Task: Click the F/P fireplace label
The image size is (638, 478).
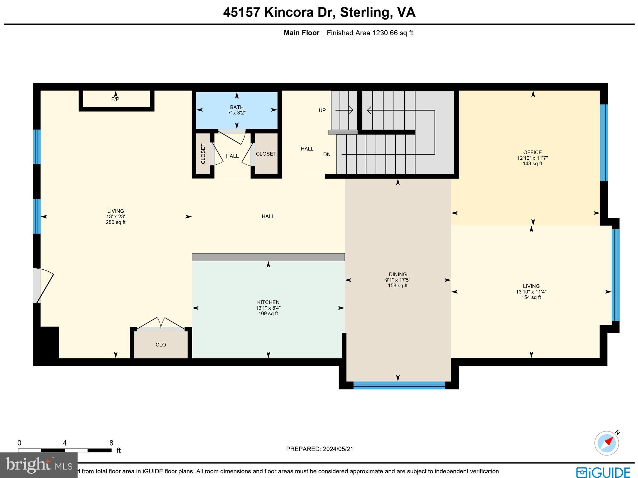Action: click(x=115, y=99)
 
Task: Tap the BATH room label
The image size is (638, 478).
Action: click(x=237, y=107)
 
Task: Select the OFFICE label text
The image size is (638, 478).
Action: click(x=532, y=152)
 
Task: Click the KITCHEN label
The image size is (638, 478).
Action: click(x=268, y=302)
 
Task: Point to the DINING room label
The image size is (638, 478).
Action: click(x=398, y=274)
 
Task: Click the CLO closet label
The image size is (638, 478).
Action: click(x=161, y=345)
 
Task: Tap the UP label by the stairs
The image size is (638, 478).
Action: click(x=322, y=110)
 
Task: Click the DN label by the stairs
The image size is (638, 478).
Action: click(x=327, y=155)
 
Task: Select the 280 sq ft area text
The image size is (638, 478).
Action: click(x=116, y=222)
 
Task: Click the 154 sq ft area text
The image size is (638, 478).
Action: click(x=531, y=297)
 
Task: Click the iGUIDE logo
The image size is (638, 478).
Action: click(x=603, y=472)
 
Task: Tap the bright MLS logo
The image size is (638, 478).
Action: click(x=38, y=465)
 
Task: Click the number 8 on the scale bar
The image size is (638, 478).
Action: click(x=111, y=443)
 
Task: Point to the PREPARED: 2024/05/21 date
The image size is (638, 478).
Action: click(x=320, y=449)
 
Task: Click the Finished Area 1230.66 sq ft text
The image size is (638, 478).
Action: click(x=370, y=33)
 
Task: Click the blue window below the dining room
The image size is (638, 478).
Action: click(x=399, y=385)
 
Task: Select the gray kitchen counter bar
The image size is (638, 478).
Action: click(x=268, y=257)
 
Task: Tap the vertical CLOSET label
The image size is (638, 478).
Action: click(x=203, y=154)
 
